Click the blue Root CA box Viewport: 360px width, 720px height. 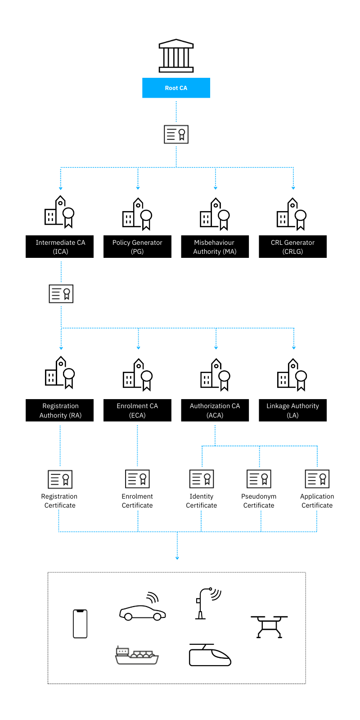click(x=176, y=88)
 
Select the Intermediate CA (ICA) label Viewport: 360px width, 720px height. click(x=60, y=247)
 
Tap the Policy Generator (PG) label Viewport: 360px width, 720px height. click(x=137, y=247)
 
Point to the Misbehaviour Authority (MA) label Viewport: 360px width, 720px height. click(x=215, y=247)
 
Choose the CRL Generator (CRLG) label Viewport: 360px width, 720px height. click(x=292, y=247)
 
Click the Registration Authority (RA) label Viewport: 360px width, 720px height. click(x=60, y=410)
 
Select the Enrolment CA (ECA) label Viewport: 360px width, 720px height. click(x=137, y=410)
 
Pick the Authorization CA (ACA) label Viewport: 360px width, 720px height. click(x=215, y=410)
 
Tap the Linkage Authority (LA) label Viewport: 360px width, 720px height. click(x=292, y=410)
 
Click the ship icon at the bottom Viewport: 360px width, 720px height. click(x=137, y=655)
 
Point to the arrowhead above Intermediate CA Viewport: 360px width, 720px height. click(x=61, y=188)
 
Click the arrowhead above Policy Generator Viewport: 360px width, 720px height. click(x=138, y=188)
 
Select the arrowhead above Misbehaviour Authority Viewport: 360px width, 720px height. click(x=216, y=188)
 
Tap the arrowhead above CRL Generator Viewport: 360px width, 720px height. click(x=293, y=188)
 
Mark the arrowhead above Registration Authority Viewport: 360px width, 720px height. click(x=61, y=348)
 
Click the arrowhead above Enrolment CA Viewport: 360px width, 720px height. click(x=139, y=348)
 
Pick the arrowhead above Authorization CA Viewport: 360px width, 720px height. click(x=216, y=348)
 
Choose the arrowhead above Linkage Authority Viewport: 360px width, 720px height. click(x=294, y=348)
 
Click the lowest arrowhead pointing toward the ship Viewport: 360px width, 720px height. click(x=177, y=558)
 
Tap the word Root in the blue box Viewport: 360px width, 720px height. click(x=171, y=88)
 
